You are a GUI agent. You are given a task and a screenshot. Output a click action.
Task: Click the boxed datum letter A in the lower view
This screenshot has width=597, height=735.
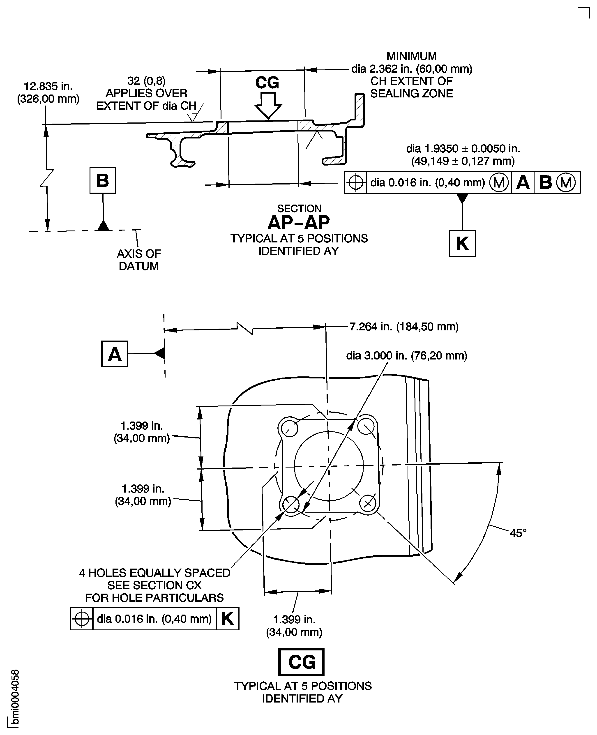click(x=115, y=354)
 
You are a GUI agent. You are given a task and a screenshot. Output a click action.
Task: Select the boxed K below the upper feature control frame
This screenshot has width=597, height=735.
click(x=462, y=244)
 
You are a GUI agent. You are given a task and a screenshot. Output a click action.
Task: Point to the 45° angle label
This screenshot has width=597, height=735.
click(x=518, y=533)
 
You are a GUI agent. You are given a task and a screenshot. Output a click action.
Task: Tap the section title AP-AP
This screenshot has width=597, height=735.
click(x=299, y=223)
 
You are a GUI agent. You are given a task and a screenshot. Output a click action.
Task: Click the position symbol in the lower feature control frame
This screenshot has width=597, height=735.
click(x=82, y=619)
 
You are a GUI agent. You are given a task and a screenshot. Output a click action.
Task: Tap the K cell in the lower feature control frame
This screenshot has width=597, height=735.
click(x=227, y=619)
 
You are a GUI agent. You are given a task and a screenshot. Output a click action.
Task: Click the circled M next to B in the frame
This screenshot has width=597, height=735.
click(x=565, y=183)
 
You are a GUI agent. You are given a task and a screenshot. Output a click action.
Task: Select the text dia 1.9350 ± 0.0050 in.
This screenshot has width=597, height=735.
click(x=463, y=149)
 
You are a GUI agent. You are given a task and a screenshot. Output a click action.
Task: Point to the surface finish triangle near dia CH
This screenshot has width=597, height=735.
click(x=192, y=118)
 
